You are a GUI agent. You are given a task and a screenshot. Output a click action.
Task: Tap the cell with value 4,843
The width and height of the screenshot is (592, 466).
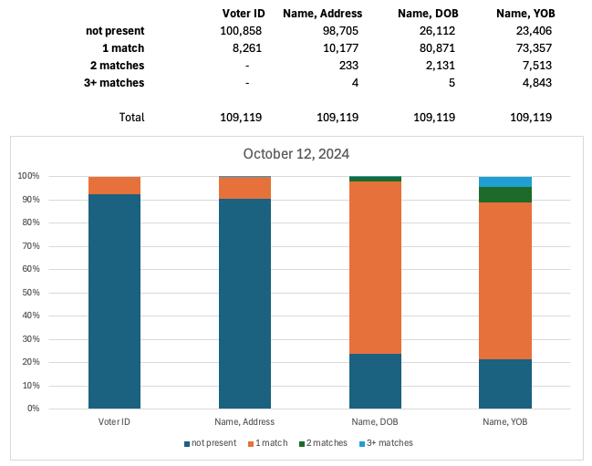pyautogui.click(x=531, y=83)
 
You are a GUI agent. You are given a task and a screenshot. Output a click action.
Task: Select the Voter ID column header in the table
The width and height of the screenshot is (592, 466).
pyautogui.click(x=244, y=14)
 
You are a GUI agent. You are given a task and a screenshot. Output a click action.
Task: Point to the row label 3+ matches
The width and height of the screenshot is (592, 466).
pyautogui.click(x=115, y=83)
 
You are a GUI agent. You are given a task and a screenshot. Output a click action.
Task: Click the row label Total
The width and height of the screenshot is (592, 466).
pyautogui.click(x=131, y=118)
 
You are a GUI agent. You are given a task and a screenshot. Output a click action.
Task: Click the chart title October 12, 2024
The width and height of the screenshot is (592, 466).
pyautogui.click(x=296, y=154)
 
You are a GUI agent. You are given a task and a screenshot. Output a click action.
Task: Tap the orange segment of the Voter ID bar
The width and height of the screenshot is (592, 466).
pyautogui.click(x=114, y=185)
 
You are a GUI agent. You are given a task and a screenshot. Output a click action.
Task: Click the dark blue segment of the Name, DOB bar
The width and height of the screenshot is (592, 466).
pyautogui.click(x=375, y=380)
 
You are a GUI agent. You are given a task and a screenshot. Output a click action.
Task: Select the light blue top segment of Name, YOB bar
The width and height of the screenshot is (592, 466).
pyautogui.click(x=505, y=181)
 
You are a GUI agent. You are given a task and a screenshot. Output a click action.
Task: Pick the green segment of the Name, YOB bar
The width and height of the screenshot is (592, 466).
pyautogui.click(x=505, y=194)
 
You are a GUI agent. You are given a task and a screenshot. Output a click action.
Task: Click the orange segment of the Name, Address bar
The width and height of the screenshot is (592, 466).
pyautogui.click(x=244, y=187)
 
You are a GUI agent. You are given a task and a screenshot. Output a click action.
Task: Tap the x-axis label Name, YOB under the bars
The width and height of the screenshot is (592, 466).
pyautogui.click(x=505, y=421)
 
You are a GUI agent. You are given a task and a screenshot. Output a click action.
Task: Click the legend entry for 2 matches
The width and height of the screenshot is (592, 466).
pyautogui.click(x=326, y=443)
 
